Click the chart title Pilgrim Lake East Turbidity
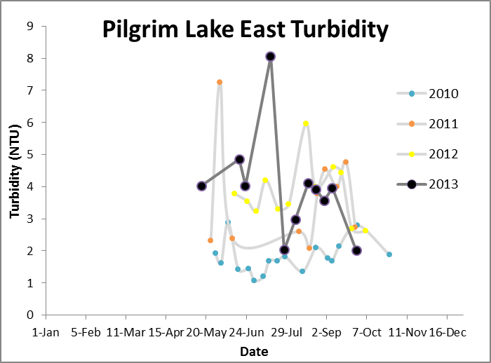pyautogui.click(x=245, y=30)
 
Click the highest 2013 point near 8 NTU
pyautogui.click(x=270, y=56)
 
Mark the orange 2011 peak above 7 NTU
pyautogui.click(x=220, y=82)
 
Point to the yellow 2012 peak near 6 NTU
pyautogui.click(x=306, y=123)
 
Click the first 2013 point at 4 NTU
pyautogui.click(x=201, y=186)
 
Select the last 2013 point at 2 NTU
pyautogui.click(x=356, y=250)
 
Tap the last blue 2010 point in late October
pyautogui.click(x=389, y=254)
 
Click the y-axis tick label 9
pyautogui.click(x=30, y=27)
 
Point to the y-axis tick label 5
pyautogui.click(x=30, y=155)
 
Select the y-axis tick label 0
pyautogui.click(x=30, y=315)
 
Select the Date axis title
pyautogui.click(x=253, y=350)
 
